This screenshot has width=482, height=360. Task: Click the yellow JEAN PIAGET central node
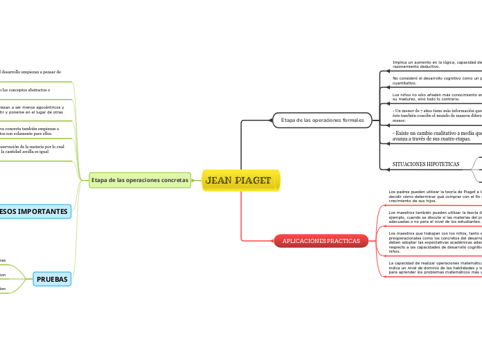pyautogui.click(x=240, y=181)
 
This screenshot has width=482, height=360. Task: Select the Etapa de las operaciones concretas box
pyautogui.click(x=140, y=180)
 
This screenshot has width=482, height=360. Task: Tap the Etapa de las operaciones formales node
pyautogui.click(x=322, y=120)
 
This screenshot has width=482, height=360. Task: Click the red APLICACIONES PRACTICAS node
pyautogui.click(x=321, y=241)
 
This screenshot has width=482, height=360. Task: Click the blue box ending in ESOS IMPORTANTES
pyautogui.click(x=35, y=211)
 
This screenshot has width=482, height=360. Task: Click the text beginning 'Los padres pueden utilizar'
pyautogui.click(x=435, y=196)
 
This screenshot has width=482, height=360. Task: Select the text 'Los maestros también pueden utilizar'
pyautogui.click(x=435, y=217)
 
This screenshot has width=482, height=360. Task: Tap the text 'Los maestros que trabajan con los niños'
pyautogui.click(x=435, y=242)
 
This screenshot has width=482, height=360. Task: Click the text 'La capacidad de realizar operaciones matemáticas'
pyautogui.click(x=435, y=268)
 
